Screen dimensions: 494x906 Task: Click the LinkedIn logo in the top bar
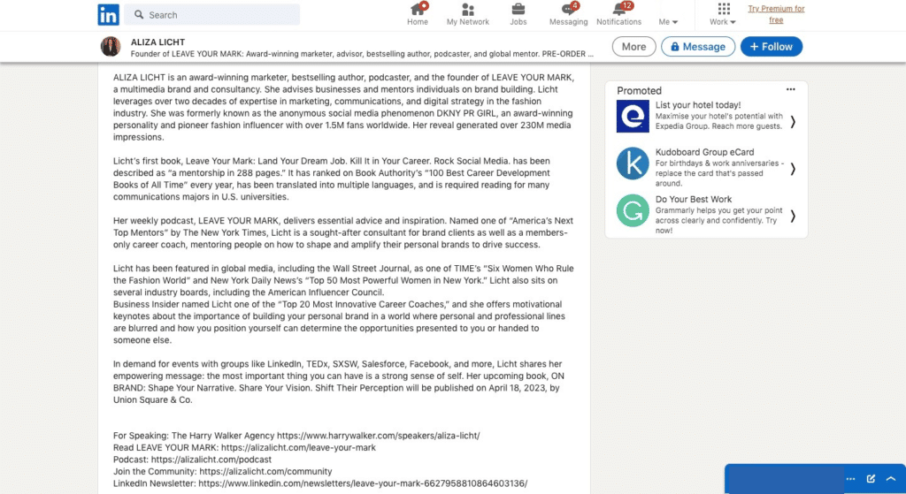109,14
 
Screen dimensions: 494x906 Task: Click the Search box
212,15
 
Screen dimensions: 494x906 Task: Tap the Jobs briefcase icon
518,10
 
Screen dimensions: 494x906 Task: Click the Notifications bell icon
618,10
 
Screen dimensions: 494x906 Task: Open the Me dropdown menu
669,21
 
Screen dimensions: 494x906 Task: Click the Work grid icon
723,10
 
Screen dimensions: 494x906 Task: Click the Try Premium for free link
776,14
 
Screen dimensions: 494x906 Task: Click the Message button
698,47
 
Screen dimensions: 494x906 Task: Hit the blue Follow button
772,47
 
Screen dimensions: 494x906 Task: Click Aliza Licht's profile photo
111,47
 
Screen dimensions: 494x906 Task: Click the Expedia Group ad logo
633,117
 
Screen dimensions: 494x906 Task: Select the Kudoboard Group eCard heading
704,152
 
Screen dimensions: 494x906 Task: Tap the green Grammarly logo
633,210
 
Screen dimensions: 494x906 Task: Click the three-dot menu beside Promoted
791,89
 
